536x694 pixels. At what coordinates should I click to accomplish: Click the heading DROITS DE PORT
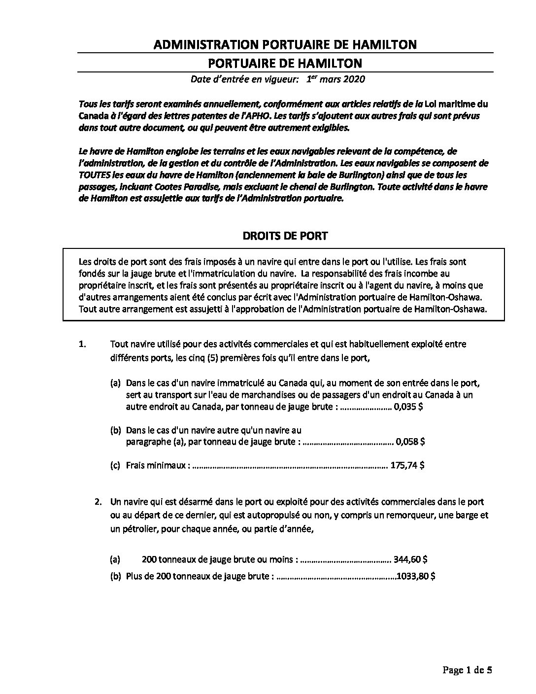[285, 236]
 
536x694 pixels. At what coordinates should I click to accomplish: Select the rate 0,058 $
[410, 442]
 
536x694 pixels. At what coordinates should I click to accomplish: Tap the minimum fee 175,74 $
[407, 465]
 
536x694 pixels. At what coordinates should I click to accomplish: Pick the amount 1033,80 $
[416, 576]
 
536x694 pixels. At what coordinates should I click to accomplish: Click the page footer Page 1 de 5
[468, 670]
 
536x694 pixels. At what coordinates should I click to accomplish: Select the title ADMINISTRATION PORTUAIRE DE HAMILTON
[285, 44]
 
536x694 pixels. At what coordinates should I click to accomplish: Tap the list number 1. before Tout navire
[82, 344]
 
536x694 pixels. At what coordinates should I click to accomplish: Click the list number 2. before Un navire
[99, 502]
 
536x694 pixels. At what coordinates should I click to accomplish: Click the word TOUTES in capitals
[94, 175]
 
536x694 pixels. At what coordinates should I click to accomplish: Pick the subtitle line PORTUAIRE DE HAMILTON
[285, 63]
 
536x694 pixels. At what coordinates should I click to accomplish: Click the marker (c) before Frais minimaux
[115, 465]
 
